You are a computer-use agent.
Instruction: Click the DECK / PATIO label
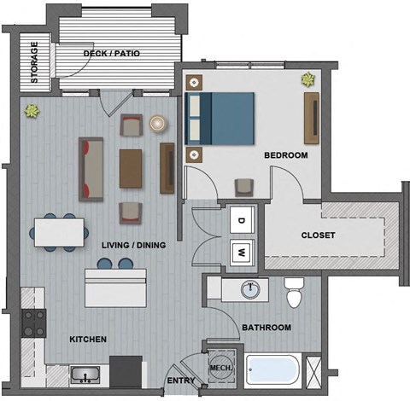pyautogui.click(x=112, y=55)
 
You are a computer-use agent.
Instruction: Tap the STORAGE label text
pyautogui.click(x=36, y=62)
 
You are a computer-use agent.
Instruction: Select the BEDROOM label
pyautogui.click(x=284, y=156)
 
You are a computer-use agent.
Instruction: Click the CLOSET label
pyautogui.click(x=318, y=235)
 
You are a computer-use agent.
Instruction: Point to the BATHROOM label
pyautogui.click(x=266, y=328)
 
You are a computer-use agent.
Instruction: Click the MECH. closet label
pyautogui.click(x=220, y=369)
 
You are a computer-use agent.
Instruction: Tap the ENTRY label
pyautogui.click(x=180, y=381)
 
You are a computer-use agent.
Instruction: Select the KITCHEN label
pyautogui.click(x=88, y=340)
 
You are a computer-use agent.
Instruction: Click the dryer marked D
pyautogui.click(x=241, y=220)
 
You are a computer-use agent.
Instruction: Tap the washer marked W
pyautogui.click(x=241, y=252)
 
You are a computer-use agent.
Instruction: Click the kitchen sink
pyautogui.click(x=85, y=374)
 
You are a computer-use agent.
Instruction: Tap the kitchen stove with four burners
pyautogui.click(x=34, y=323)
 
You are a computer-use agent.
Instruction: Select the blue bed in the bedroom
pyautogui.click(x=221, y=118)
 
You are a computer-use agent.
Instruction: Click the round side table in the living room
pyautogui.click(x=158, y=123)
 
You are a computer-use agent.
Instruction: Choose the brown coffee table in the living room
pyautogui.click(x=132, y=167)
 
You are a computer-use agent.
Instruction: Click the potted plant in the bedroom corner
pyautogui.click(x=307, y=80)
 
